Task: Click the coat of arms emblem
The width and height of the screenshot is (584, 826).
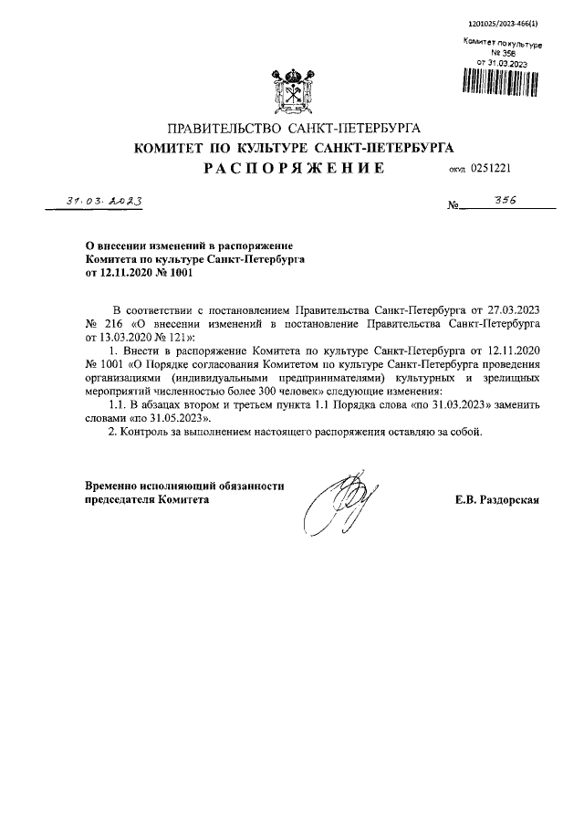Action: [292, 88]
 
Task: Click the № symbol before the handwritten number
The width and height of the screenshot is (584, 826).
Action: [454, 208]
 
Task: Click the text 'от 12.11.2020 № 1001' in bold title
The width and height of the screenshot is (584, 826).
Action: [133, 272]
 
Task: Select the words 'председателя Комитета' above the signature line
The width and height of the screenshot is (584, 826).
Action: [147, 500]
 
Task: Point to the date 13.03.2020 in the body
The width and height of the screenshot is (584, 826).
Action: [125, 337]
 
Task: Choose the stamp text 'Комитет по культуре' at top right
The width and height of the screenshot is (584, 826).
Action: [503, 44]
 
